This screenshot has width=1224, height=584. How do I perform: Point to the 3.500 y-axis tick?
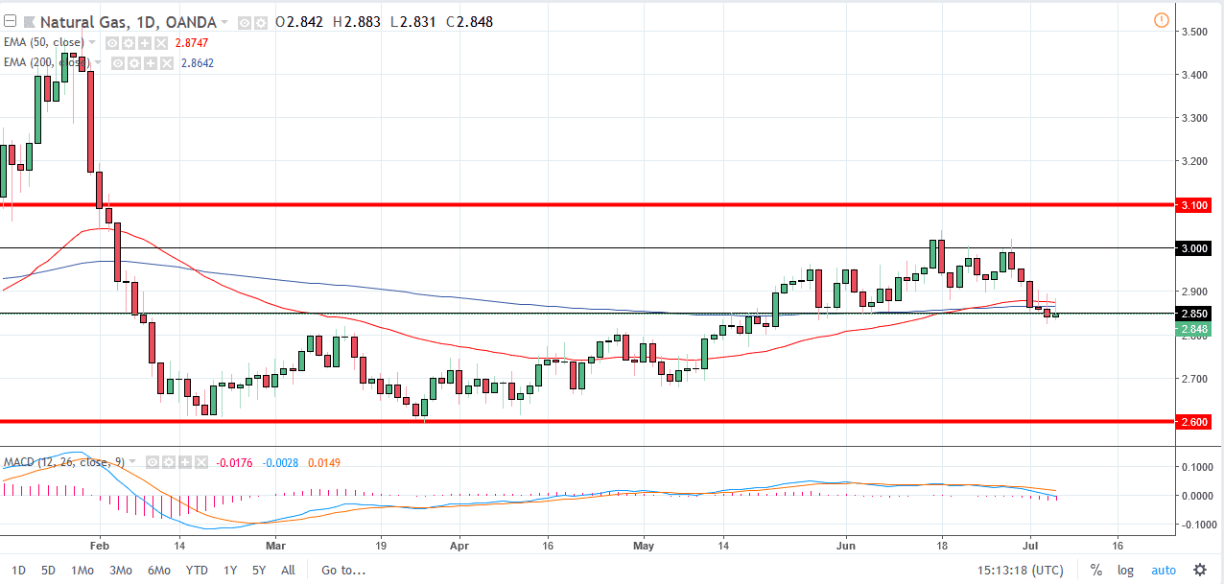point(1194,32)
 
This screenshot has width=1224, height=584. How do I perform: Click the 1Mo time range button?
point(82,570)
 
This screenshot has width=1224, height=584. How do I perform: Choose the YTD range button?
point(197,570)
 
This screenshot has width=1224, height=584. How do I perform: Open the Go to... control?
point(343,570)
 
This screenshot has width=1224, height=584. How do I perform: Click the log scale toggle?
point(1125,571)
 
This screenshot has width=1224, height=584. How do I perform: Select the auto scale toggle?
point(1163,571)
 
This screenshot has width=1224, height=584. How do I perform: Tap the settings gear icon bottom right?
point(1200,571)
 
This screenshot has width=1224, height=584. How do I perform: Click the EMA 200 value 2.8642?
point(198,63)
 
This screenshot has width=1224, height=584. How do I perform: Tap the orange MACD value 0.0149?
point(323,463)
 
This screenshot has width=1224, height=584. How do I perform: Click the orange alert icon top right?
point(1162,20)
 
